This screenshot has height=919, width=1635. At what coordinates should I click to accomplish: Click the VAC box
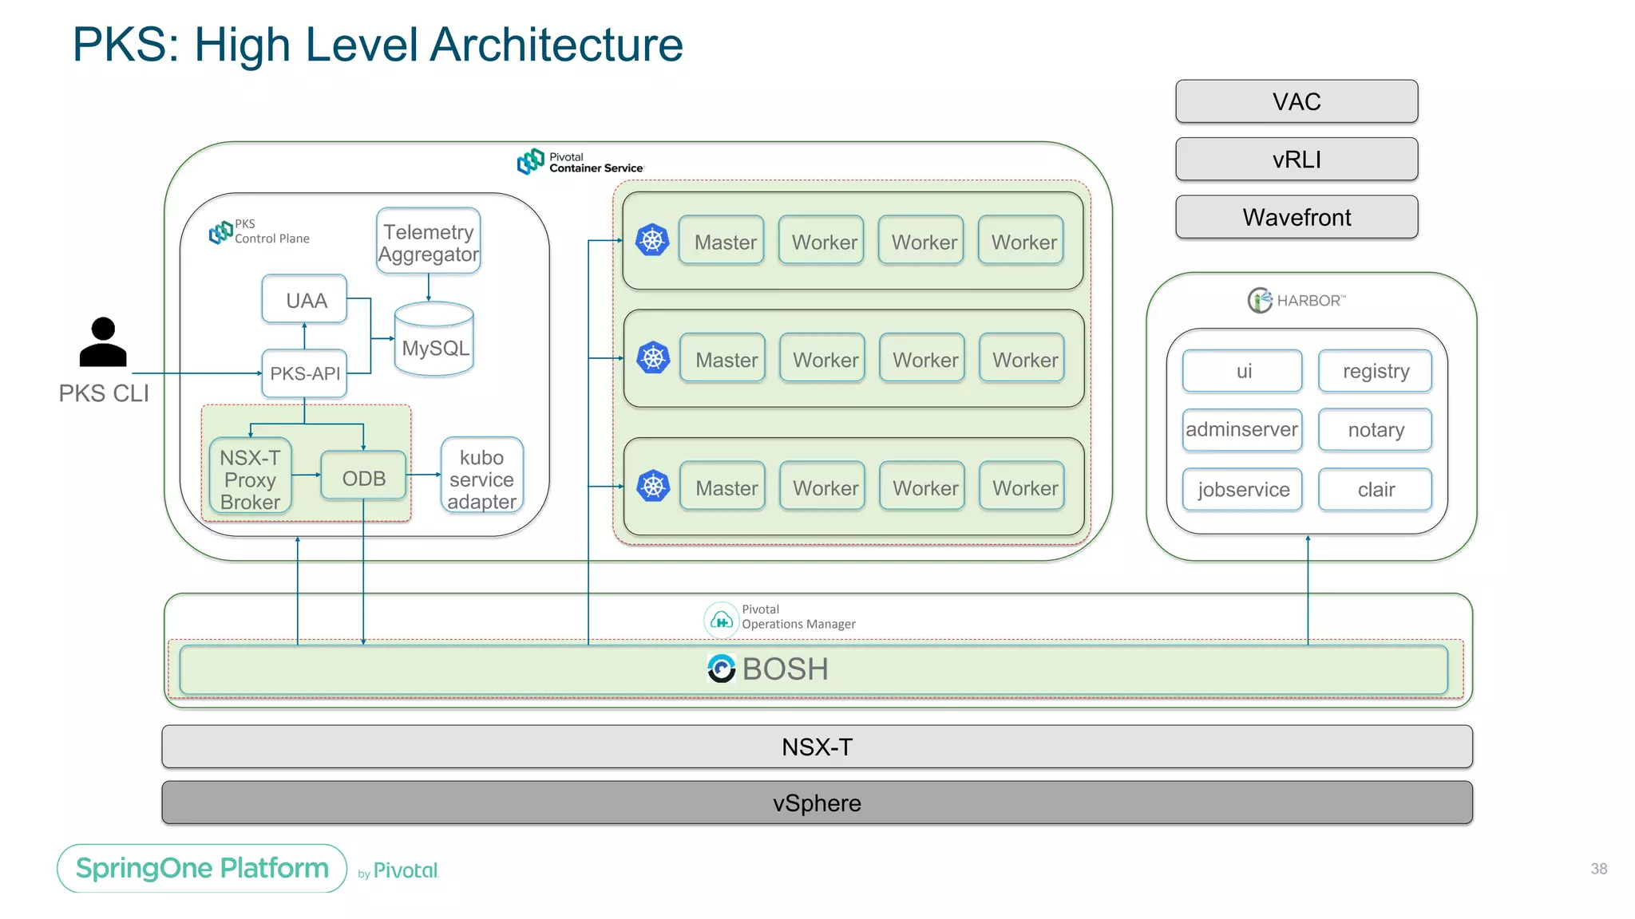point(1296,101)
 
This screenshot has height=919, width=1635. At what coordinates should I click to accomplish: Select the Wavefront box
point(1296,217)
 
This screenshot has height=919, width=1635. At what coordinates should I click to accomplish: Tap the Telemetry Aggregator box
point(429,242)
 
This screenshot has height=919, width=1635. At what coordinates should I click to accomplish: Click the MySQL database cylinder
point(434,341)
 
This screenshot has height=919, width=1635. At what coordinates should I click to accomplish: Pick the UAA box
point(305,300)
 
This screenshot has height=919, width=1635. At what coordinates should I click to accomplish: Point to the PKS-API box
point(304,373)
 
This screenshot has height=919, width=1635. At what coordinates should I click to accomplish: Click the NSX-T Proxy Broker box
point(250,479)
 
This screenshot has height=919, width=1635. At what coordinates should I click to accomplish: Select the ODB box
point(363,478)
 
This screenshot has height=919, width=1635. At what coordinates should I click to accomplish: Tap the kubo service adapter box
point(481,478)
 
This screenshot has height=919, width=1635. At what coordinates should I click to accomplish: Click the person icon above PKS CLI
point(103,343)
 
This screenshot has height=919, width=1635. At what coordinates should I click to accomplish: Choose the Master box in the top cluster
point(723,242)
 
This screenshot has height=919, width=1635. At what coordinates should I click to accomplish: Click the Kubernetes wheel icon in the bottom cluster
point(653,486)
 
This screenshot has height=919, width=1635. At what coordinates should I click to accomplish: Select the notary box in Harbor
point(1375,430)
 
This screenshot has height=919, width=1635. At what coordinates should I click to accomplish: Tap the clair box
point(1375,489)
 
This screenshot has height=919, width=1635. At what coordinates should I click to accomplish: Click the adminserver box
point(1241,430)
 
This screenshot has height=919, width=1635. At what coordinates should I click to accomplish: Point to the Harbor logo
point(1259,301)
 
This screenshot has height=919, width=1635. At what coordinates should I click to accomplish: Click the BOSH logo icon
point(721,669)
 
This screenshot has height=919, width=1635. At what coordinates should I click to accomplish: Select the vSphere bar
point(817,803)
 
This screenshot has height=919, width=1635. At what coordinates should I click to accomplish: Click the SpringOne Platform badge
point(202,868)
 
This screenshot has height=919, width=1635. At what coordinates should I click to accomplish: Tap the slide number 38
point(1598,869)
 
